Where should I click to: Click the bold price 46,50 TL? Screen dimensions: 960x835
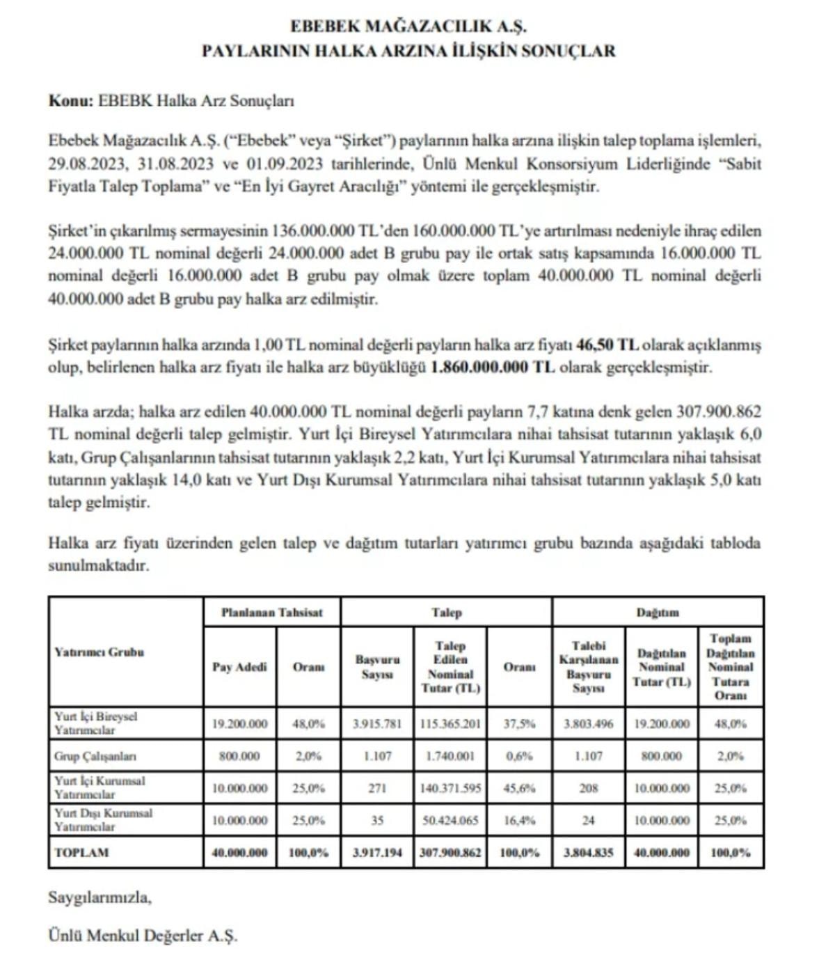(607, 345)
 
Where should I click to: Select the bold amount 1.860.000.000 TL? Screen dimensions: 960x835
(493, 367)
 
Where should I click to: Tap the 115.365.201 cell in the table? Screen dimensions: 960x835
(450, 723)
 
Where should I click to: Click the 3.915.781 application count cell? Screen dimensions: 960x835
(376, 723)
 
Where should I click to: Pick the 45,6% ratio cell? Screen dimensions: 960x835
(519, 788)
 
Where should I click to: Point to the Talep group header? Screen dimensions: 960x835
(446, 613)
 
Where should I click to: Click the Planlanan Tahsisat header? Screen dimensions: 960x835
(272, 613)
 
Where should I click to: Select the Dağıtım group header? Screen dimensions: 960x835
(658, 613)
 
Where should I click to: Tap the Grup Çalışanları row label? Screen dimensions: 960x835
(95, 756)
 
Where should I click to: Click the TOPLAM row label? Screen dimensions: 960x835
(81, 852)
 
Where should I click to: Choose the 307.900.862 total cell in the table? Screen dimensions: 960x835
(450, 852)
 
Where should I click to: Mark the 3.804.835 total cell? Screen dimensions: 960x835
(588, 852)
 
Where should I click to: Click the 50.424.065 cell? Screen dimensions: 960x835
(450, 820)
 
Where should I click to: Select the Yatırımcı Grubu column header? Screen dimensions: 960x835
(99, 652)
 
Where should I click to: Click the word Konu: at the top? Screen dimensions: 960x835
(70, 100)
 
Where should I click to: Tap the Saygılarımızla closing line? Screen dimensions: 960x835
(100, 897)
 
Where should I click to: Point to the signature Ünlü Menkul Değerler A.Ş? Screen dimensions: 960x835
(143, 935)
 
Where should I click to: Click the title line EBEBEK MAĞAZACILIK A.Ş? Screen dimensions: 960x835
(408, 26)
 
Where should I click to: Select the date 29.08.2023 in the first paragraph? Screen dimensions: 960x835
(86, 164)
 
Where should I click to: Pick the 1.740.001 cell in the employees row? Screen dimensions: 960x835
(450, 756)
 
